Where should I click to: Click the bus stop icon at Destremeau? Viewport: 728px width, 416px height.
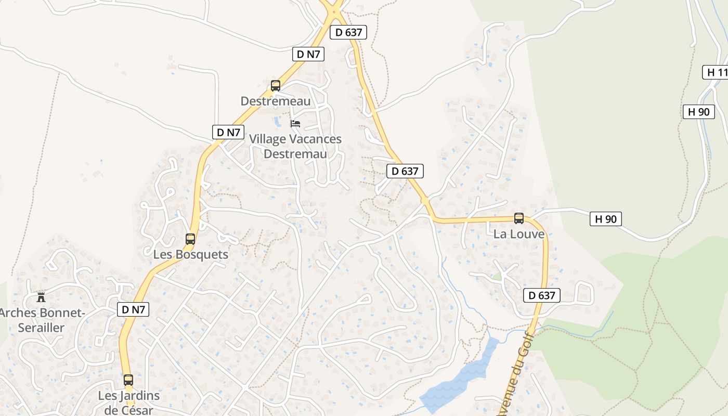(x=276, y=86)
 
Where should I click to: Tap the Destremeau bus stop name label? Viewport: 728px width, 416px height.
(x=275, y=101)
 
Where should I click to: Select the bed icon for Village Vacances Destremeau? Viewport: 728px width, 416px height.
(x=295, y=124)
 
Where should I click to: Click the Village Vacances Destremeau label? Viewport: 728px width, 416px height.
(x=295, y=147)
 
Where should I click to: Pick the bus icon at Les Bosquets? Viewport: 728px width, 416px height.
(x=190, y=239)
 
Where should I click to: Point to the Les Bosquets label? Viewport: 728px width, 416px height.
(x=191, y=255)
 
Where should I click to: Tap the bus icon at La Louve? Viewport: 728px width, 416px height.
(x=519, y=218)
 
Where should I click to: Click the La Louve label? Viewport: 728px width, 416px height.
(x=519, y=234)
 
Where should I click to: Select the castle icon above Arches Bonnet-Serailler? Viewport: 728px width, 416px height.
(x=41, y=297)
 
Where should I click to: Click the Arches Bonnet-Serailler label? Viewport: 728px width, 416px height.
(x=41, y=320)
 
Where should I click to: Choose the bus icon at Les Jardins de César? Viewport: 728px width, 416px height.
(x=128, y=380)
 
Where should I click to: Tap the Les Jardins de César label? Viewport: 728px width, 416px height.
(x=129, y=402)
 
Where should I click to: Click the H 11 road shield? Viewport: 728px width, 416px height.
(x=717, y=72)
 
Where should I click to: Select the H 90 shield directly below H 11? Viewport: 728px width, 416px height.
(x=698, y=111)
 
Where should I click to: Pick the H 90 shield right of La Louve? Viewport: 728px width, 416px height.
(x=605, y=219)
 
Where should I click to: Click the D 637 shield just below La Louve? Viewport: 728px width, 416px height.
(x=542, y=295)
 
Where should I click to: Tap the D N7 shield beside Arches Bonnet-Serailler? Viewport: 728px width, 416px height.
(x=133, y=309)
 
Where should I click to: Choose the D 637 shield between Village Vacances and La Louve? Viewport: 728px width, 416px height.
(x=405, y=171)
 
